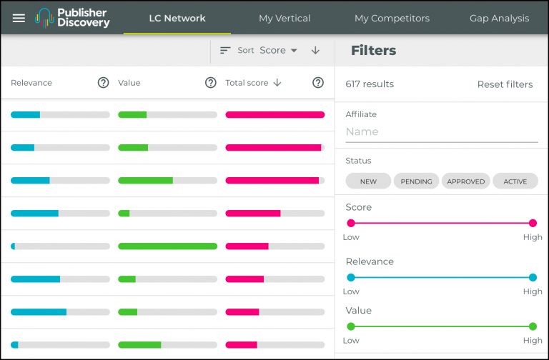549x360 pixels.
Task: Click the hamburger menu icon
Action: coord(19,18)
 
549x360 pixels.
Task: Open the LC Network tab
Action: coord(177,18)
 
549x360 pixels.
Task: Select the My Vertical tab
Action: coord(285,18)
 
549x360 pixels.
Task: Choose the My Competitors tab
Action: coord(392,18)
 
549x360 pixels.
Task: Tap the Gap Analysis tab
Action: coord(499,18)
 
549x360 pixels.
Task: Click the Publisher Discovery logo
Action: coord(73,18)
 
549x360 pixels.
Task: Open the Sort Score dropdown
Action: coord(278,50)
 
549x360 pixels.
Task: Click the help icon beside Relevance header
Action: coord(103,83)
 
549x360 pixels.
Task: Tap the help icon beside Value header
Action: coord(210,83)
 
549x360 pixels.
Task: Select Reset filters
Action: coord(505,84)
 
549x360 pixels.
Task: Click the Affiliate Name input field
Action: coord(441,132)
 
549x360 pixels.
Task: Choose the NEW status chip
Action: coord(368,181)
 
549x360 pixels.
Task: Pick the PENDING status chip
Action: coord(416,181)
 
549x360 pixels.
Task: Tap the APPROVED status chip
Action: coord(465,181)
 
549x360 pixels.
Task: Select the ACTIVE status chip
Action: coord(515,181)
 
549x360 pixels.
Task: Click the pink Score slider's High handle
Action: coord(533,223)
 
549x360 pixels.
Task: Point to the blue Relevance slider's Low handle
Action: coord(350,277)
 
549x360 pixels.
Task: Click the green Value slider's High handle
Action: coord(533,326)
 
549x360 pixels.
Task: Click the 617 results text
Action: coord(370,84)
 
